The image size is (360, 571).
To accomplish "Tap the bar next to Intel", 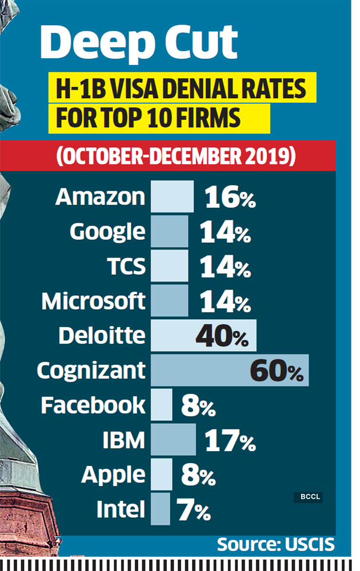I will (161, 509).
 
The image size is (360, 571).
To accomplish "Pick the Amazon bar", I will (172, 197).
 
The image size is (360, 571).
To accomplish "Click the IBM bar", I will (173, 440).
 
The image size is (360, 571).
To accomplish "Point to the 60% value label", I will (277, 371).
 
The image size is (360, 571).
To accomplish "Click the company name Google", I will (108, 232).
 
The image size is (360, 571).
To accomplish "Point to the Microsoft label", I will (94, 301).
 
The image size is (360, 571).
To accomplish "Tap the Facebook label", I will (93, 405).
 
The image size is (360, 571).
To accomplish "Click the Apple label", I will (114, 475).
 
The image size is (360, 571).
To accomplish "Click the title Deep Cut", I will (139, 43).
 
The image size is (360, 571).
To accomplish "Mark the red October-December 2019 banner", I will (175, 156).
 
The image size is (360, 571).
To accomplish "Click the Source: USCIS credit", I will (275, 544).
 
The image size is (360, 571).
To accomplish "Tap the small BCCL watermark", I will (308, 497).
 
